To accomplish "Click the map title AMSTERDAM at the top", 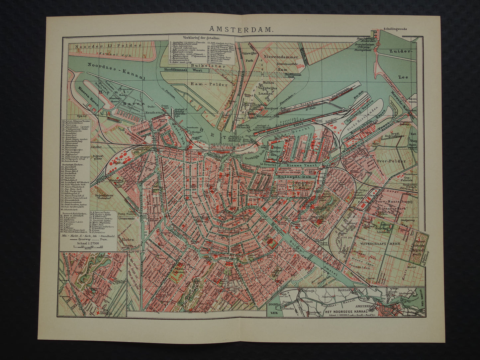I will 242,29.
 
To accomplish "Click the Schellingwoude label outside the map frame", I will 395,29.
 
